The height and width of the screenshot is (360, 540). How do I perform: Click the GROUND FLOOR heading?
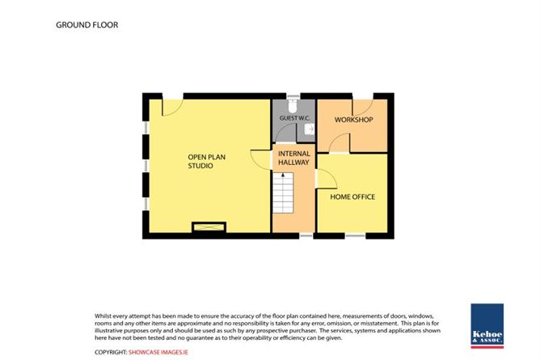coord(86,25)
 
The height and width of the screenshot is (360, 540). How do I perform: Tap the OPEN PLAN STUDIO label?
coord(207,161)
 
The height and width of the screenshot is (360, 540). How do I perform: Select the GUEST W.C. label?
coord(294,118)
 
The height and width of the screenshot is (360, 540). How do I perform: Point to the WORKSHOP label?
coord(354,120)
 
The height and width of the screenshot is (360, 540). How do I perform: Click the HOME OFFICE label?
coord(352,197)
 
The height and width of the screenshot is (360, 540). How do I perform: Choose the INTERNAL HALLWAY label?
coord(293,158)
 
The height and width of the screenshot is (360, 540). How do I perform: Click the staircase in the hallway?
coord(283,193)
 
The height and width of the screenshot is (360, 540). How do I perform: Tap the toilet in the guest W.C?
coord(293,106)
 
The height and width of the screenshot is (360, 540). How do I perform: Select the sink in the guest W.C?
coord(310,129)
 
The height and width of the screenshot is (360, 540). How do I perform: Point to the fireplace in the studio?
coord(209,227)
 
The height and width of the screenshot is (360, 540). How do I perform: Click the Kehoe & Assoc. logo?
coord(487,326)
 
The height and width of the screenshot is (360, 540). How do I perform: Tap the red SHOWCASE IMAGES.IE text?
coord(158,352)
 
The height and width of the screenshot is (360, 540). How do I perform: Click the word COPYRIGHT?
coord(111,352)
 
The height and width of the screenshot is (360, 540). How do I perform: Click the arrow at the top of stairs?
coord(283,175)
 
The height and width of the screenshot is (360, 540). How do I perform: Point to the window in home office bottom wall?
coord(355,235)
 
